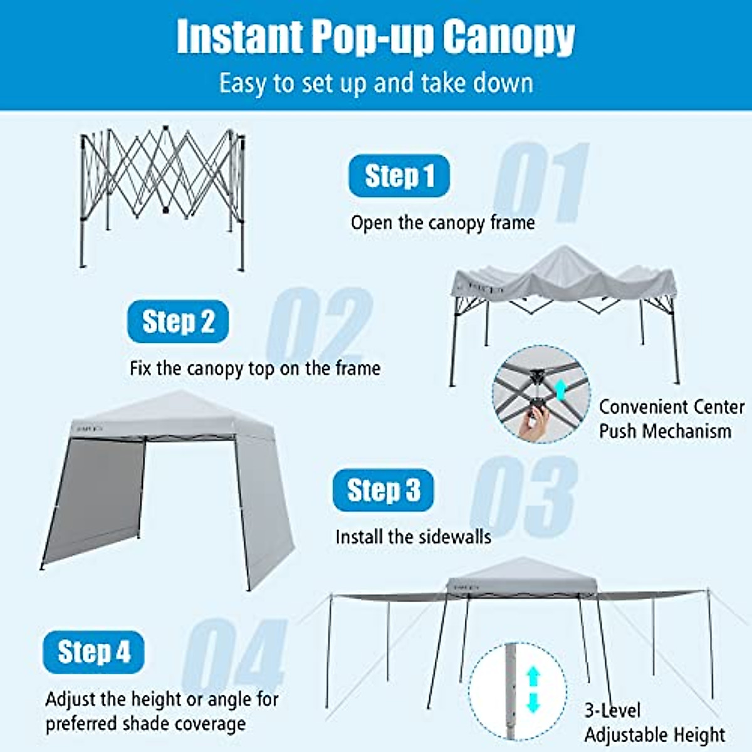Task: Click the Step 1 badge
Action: click(399, 176)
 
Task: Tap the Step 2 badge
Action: click(178, 321)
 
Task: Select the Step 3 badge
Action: click(383, 490)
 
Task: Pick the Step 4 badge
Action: click(93, 652)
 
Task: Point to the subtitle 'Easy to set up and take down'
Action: click(376, 83)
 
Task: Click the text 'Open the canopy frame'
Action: click(442, 222)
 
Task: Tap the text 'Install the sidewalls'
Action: click(413, 537)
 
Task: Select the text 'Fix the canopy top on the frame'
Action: click(254, 368)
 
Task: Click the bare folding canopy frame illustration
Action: click(162, 188)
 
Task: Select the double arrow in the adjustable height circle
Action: click(533, 689)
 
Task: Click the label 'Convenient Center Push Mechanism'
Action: click(671, 419)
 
